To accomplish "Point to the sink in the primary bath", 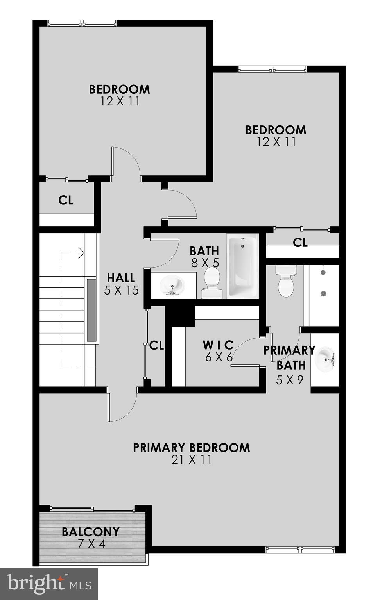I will [325, 359].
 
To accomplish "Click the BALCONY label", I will [90, 532].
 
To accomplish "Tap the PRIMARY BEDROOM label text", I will [191, 448].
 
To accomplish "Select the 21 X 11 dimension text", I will [191, 460].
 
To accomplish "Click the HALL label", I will [121, 278].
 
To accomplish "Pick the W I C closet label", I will [218, 345].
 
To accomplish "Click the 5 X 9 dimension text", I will [289, 380].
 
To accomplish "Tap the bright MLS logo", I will [49, 584].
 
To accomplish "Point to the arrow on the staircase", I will [81, 253].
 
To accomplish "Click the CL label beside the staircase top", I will [66, 200].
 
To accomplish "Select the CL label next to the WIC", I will [156, 345].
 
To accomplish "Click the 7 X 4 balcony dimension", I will [91, 544].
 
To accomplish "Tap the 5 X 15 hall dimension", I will [121, 290].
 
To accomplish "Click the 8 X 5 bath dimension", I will [204, 263].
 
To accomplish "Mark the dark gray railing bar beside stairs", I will [91, 310].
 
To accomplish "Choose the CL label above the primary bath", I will [300, 243].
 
